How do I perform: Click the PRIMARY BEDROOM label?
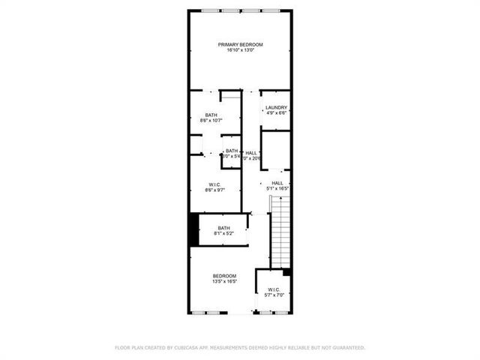(x=241, y=45)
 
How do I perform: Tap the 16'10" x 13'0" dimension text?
(x=241, y=50)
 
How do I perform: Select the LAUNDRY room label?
(x=276, y=108)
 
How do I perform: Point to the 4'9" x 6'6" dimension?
(x=276, y=113)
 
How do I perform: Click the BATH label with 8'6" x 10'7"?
(x=211, y=115)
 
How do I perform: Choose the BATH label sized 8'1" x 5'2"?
(x=223, y=228)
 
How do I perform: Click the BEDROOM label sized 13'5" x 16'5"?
(x=224, y=276)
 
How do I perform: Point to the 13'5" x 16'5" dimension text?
(x=224, y=281)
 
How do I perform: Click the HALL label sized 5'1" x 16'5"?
(x=277, y=183)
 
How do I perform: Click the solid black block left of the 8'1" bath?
(x=193, y=229)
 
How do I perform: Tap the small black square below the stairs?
(x=286, y=271)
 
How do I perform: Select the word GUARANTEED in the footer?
(x=346, y=348)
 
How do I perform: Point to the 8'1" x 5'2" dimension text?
(x=223, y=233)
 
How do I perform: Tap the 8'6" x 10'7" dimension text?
(x=211, y=120)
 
